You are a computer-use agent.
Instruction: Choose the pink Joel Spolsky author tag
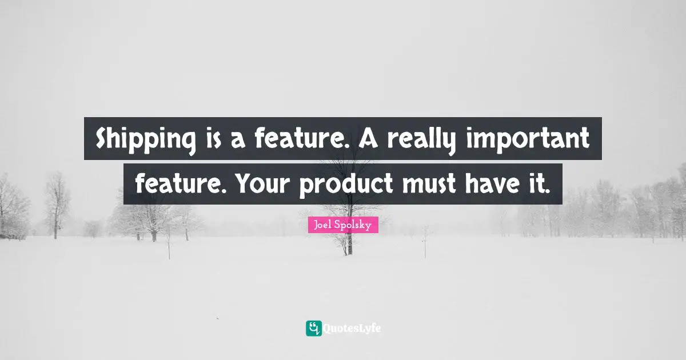[342, 225]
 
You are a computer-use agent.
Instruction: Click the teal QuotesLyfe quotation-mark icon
[313, 328]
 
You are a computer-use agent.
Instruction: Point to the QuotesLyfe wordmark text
[352, 329]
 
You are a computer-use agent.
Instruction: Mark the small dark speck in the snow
[217, 318]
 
